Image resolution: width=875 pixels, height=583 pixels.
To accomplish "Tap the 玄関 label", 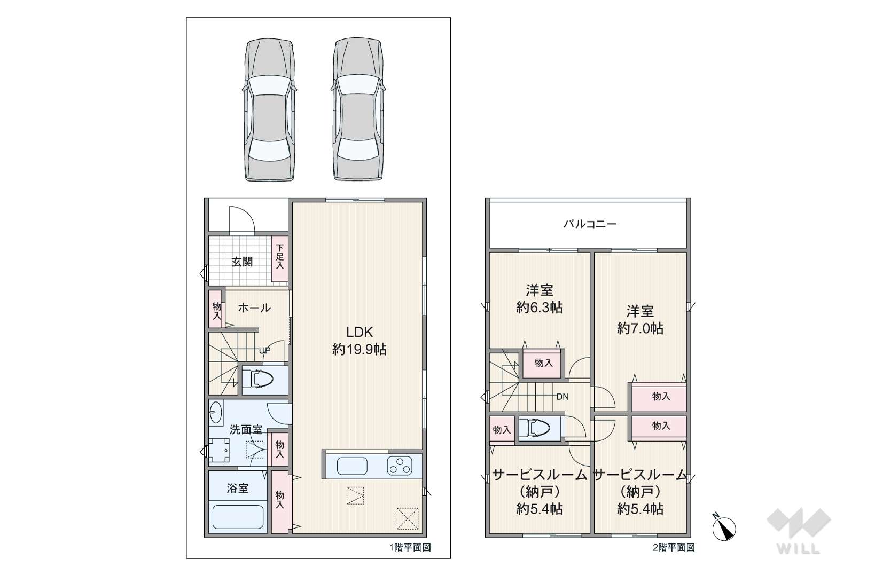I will (x=242, y=262).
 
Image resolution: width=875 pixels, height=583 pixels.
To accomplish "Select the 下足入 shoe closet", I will (x=279, y=259).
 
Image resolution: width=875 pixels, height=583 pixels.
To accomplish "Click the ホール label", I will (x=254, y=308).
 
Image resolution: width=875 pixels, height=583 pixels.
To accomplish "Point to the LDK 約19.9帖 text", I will (x=359, y=341).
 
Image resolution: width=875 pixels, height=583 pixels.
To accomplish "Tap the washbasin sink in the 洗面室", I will (x=216, y=412).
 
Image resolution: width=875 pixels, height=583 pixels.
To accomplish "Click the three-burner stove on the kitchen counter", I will (x=400, y=466).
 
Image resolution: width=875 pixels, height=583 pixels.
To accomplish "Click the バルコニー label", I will (x=589, y=224).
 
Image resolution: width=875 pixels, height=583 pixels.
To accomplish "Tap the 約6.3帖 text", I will (x=539, y=308).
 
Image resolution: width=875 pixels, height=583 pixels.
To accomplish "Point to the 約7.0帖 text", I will (x=640, y=328).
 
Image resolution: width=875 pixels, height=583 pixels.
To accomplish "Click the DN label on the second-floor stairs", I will (x=562, y=397).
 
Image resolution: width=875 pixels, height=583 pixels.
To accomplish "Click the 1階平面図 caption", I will (x=410, y=547).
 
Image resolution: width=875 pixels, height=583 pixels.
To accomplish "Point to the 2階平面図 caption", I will (x=674, y=547).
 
